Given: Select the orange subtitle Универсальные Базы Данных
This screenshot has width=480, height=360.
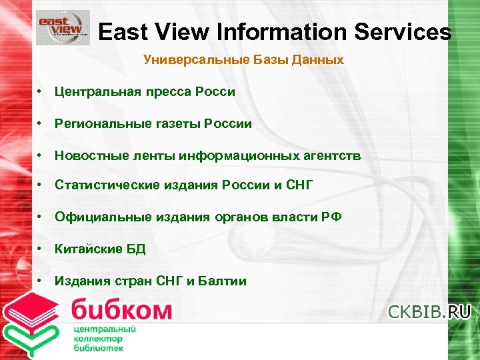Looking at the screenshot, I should tap(243, 60).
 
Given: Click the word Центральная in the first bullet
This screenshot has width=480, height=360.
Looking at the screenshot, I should tap(97, 91).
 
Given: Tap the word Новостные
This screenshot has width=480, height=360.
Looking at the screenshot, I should tap(89, 155).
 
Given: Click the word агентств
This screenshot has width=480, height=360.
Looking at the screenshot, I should tap(330, 155).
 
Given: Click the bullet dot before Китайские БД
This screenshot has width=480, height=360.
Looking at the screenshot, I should tap(41, 249).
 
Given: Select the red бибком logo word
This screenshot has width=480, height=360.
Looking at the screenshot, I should tap(121, 311).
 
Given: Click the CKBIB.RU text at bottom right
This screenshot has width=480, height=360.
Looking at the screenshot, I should tap(429, 311).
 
